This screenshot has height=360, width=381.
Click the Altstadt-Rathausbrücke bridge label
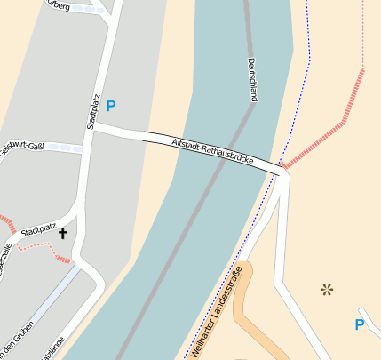[213, 152]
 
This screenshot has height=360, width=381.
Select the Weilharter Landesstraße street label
[217, 311]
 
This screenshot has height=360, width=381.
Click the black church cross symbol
[63, 234]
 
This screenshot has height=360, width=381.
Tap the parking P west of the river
[111, 107]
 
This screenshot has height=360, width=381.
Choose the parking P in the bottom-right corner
[360, 324]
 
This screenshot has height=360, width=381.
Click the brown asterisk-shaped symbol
[327, 289]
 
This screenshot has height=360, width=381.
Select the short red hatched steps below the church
[62, 258]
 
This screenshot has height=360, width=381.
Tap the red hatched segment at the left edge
[6, 221]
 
